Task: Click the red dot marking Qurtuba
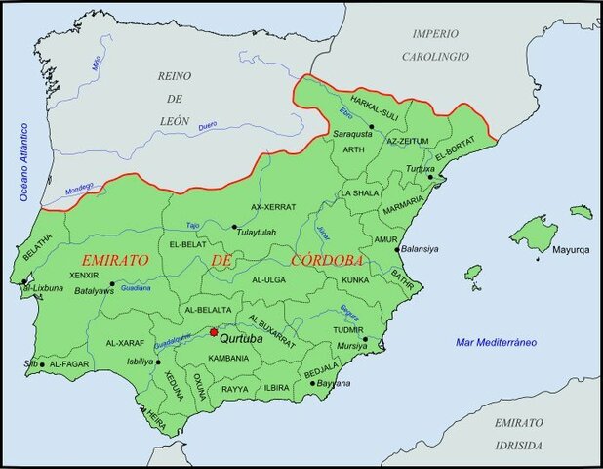(214, 332)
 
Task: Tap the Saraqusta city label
(350, 131)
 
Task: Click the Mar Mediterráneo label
(497, 342)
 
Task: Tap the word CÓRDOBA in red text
(327, 261)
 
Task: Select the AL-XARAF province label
(125, 343)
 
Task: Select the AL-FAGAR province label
(68, 363)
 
